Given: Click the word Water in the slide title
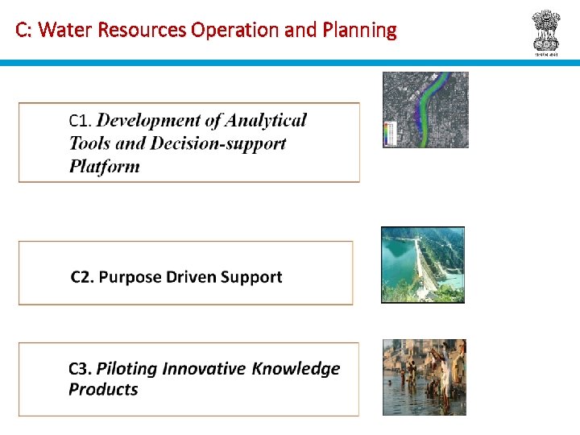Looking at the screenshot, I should coord(59,31).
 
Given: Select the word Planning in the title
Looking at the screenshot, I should coord(359,31).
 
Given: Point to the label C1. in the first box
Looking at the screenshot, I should coord(81,121).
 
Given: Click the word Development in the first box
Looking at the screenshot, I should coord(149,121).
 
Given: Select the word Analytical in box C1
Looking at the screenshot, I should coord(266,121).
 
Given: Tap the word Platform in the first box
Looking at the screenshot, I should coord(104,167).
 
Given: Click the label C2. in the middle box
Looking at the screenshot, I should coord(83,277).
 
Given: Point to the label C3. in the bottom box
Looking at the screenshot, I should coord(81,369).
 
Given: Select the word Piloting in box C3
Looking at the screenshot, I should coord(126,369).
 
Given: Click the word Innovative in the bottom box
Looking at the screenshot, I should coord(205,369).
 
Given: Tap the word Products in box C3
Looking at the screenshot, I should coord(103,390).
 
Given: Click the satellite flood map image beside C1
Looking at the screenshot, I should coord(425,110).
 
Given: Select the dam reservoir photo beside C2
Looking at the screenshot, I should coord(423,264).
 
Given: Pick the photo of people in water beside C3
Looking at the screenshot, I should coord(424,376).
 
